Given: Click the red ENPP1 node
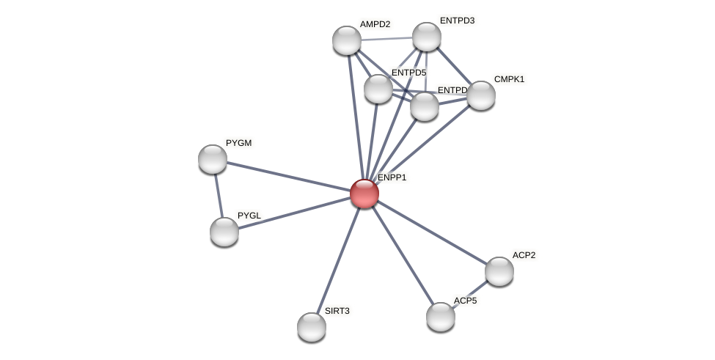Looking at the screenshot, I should tap(364, 194).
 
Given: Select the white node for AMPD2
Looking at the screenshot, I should tap(347, 40).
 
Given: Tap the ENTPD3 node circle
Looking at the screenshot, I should tap(427, 37).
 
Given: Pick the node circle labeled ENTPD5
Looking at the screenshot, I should tap(378, 89).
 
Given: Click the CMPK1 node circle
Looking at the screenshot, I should tap(481, 95).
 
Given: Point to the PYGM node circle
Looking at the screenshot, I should tap(213, 159).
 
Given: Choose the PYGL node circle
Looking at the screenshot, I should tap(224, 232).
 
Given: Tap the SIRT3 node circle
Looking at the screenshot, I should tap(312, 327).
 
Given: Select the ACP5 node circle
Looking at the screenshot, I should tap(441, 317).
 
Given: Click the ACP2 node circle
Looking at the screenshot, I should tap(499, 271).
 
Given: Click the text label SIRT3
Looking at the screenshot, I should tap(337, 311).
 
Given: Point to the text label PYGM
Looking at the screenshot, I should tap(239, 143).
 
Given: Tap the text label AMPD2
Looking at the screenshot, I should tap(375, 24).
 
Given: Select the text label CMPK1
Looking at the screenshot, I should tap(509, 79).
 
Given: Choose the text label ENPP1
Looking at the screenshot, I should tap(392, 177).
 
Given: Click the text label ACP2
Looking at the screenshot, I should tap(524, 255).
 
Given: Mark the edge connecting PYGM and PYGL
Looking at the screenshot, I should tap(219, 196).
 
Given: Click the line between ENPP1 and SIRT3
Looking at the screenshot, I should tap(338, 260).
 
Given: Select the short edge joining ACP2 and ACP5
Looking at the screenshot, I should tap(471, 293).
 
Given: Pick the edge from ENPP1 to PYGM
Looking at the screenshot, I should tap(289, 177).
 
